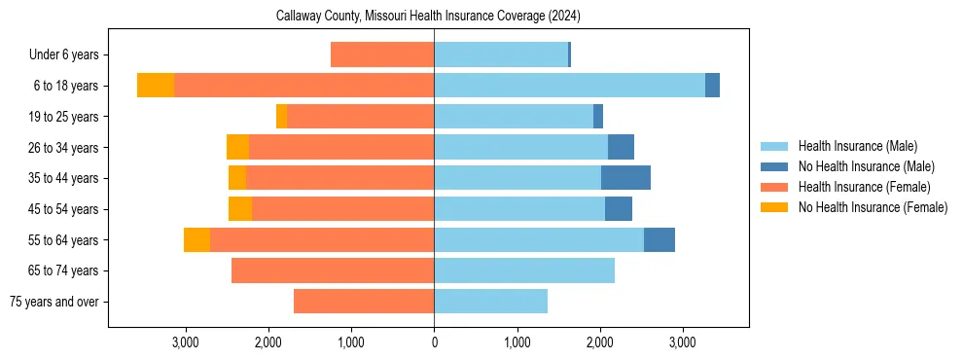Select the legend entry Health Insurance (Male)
pyautogui.click(x=857, y=146)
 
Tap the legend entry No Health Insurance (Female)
pyautogui.click(x=873, y=207)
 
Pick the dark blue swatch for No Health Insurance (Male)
pyautogui.click(x=775, y=166)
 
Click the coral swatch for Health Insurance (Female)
pyautogui.click(x=775, y=187)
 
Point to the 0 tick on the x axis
pyautogui.click(x=434, y=342)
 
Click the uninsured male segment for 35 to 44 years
pyautogui.click(x=625, y=178)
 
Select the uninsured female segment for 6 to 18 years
pyautogui.click(x=156, y=86)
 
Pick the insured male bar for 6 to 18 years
pyautogui.click(x=569, y=86)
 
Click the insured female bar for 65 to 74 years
pyautogui.click(x=333, y=270)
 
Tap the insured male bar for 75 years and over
pyautogui.click(x=490, y=302)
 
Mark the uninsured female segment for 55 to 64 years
pyautogui.click(x=196, y=239)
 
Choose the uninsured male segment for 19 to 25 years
pyautogui.click(x=598, y=117)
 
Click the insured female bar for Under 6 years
pyautogui.click(x=382, y=55)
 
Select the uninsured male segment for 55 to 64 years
pyautogui.click(x=660, y=239)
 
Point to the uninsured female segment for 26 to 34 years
pyautogui.click(x=237, y=147)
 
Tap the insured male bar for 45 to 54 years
pyautogui.click(x=519, y=209)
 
